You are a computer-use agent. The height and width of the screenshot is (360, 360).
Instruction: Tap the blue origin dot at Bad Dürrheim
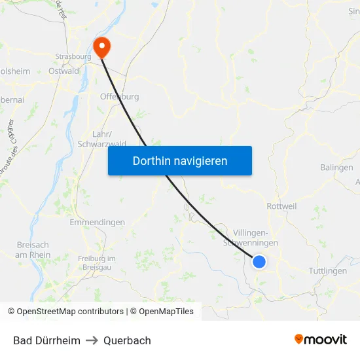pyautogui.click(x=259, y=262)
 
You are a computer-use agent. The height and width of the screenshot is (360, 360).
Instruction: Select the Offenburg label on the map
pyautogui.click(x=119, y=97)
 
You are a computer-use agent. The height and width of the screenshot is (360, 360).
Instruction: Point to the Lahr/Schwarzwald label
pyautogui.click(x=101, y=139)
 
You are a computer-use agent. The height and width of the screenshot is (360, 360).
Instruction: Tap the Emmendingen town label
pyautogui.click(x=97, y=223)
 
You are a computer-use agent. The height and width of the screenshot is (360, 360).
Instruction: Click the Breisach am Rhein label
pyautogui.click(x=33, y=250)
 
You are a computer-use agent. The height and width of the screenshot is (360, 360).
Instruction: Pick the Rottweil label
pyautogui.click(x=282, y=206)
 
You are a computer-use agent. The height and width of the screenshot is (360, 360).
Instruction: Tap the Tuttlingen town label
pyautogui.click(x=327, y=271)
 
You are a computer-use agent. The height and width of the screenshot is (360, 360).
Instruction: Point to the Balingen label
pyautogui.click(x=336, y=168)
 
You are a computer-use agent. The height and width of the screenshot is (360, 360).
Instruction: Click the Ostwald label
pyautogui.click(x=64, y=71)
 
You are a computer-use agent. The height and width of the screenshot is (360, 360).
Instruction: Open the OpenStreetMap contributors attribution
pyautogui.click(x=70, y=312)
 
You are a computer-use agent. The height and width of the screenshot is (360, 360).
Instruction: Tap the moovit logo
pyautogui.click(x=321, y=340)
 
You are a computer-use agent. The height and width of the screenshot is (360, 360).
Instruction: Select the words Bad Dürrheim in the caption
pyautogui.click(x=46, y=340)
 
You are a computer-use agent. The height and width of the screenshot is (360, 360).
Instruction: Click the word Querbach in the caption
pyautogui.click(x=127, y=340)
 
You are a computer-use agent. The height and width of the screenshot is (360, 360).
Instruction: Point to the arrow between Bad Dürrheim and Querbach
pyautogui.click(x=92, y=340)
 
